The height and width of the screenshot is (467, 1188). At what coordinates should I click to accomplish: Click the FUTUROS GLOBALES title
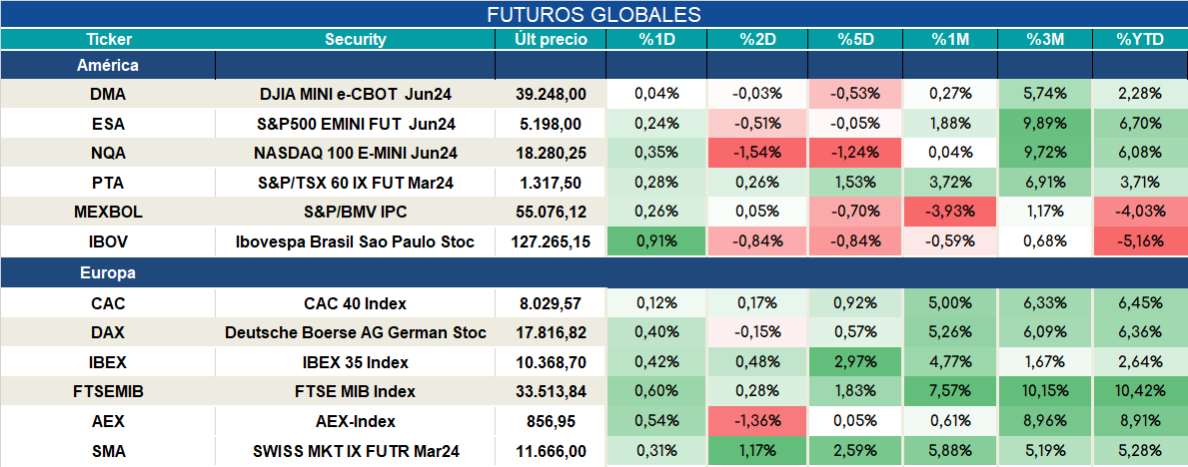pos(594,14)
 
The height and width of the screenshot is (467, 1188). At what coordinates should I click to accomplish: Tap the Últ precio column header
pos(551,40)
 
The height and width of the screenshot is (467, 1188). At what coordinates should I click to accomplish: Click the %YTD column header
pos(1139,40)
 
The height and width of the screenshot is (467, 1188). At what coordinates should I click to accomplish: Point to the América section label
pos(108,66)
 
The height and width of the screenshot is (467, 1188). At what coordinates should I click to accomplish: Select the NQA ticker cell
pos(108,153)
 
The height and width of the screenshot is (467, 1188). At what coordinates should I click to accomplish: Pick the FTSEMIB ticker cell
pos(108,392)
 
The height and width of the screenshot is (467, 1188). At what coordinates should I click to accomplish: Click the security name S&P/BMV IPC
pos(356,213)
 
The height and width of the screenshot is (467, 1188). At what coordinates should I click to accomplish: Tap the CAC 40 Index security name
pos(356,303)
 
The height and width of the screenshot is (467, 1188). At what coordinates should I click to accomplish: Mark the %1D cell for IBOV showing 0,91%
pos(656,242)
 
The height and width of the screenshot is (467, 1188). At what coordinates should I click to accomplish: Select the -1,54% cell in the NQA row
pos(757,153)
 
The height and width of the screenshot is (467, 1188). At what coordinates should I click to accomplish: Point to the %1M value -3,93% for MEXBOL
pos(950,213)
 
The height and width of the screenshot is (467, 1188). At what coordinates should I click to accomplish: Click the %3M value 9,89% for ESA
pos(1045,124)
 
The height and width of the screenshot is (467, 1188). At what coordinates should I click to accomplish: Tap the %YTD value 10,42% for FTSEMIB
pos(1139,392)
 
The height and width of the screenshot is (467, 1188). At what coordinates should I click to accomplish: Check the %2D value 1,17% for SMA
pos(757,452)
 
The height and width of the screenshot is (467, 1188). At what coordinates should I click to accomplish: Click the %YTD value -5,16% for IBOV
pos(1139,242)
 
